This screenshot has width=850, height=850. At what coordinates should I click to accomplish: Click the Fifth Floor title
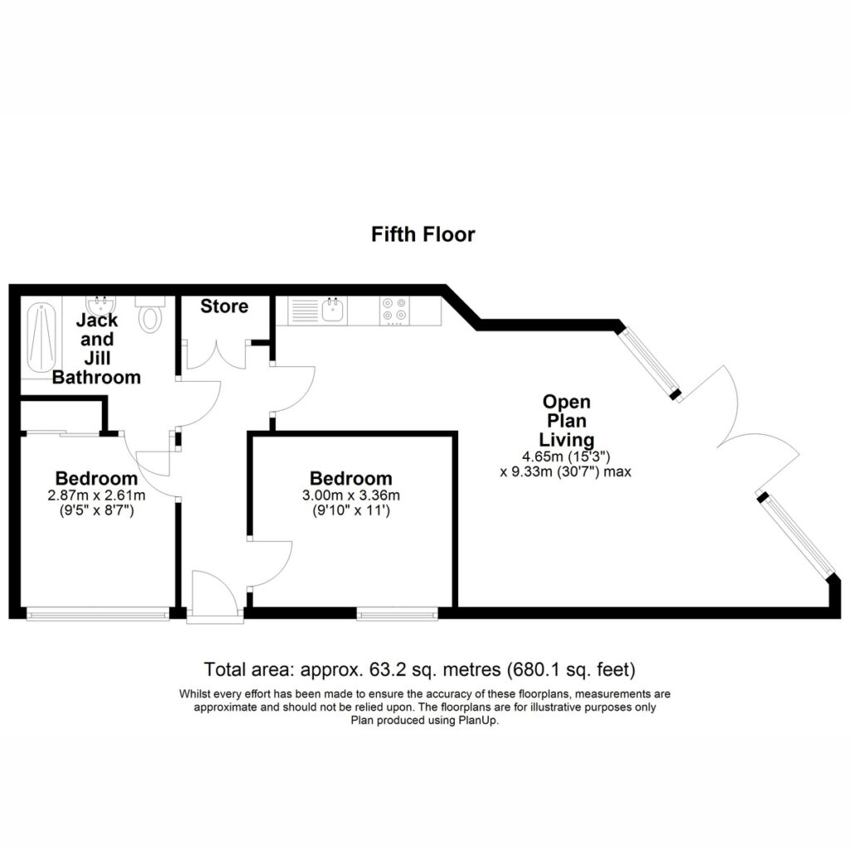[x=423, y=235]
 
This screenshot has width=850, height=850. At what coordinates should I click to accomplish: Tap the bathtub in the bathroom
[x=42, y=337]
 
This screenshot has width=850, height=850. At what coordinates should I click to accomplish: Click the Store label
[x=224, y=306]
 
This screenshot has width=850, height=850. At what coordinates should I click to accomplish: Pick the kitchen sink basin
[x=333, y=310]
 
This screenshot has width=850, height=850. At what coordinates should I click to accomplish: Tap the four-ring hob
[x=394, y=310]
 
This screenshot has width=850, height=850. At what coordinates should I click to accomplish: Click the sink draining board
[x=304, y=310]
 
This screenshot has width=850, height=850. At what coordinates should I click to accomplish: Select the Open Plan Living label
[x=566, y=421]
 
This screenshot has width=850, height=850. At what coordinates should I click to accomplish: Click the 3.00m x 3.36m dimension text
[x=351, y=496]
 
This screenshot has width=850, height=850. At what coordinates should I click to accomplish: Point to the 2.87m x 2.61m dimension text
[x=96, y=496]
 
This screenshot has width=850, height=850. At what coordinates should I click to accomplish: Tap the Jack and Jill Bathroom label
[x=96, y=349]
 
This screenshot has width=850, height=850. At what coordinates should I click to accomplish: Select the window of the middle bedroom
[x=398, y=613]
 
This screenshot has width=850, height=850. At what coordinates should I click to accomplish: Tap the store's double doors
[x=217, y=354]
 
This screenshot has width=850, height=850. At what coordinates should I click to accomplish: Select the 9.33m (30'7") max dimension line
[x=565, y=471]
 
